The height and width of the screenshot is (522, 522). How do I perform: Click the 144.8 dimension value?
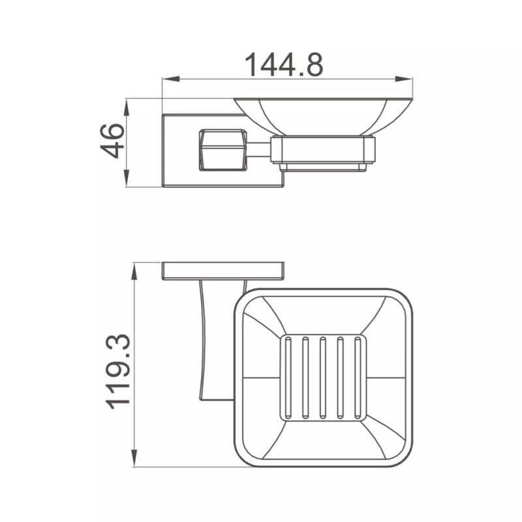click(x=284, y=65)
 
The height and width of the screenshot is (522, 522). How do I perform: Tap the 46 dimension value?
click(x=112, y=140)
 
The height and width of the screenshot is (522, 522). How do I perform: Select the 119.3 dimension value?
click(x=117, y=371)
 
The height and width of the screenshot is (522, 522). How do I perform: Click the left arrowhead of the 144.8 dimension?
click(x=171, y=79)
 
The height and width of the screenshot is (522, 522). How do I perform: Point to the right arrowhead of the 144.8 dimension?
click(x=403, y=79)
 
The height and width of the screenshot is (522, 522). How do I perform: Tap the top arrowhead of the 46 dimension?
click(x=127, y=107)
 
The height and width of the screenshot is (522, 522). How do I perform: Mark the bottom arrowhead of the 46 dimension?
click(x=127, y=178)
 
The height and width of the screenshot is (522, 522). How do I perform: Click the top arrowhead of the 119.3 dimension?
click(x=134, y=271)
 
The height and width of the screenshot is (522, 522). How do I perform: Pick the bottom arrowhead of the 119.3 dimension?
click(x=134, y=458)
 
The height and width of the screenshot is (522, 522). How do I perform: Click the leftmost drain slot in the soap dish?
click(x=288, y=378)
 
